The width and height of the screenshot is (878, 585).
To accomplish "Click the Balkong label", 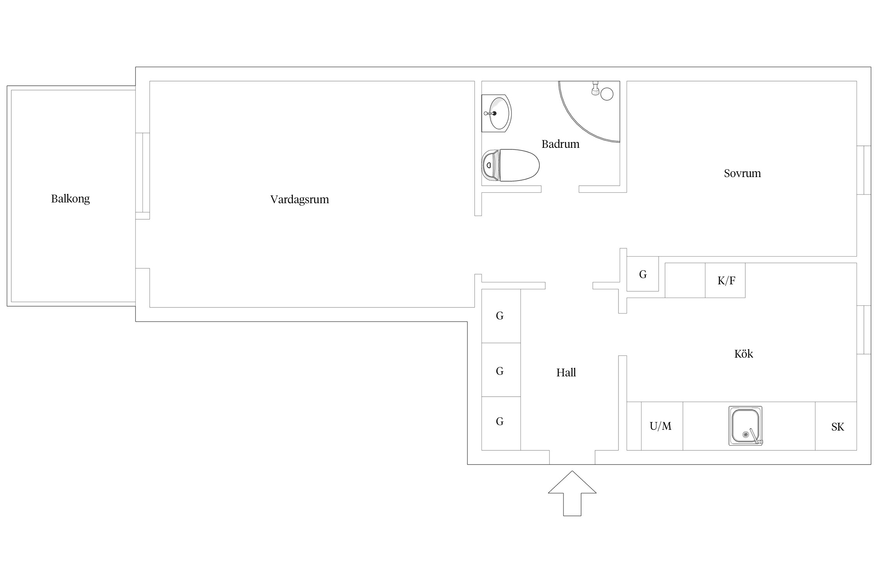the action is pos(70,199).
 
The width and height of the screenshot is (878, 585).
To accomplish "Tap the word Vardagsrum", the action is pos(300,200).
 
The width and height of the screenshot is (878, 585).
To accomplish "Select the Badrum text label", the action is pos(560,144).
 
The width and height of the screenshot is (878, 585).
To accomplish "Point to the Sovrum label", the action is pos(742,173).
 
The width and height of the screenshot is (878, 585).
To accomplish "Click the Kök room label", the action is pos(744,354).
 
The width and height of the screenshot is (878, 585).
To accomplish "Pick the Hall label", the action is pos(566,373).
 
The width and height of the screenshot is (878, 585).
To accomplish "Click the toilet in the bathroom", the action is pos(510,165).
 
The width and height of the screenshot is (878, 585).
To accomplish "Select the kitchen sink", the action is pos(745,426).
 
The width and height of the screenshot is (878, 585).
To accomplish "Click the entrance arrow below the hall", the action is pos(572,493).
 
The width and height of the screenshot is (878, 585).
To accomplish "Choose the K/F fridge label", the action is pos(726,280).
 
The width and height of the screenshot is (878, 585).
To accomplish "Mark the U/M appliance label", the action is pos(661,426).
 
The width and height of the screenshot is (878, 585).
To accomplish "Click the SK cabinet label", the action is pos(837,427).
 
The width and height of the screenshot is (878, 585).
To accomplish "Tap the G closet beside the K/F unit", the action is pos(643,274).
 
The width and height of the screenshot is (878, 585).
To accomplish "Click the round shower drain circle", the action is pos(607,94).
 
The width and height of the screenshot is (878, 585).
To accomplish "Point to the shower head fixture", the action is pos(595,89).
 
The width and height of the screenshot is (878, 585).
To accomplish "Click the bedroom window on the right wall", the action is pos(864,170).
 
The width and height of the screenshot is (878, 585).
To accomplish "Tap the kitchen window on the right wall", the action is pos(864,330).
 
